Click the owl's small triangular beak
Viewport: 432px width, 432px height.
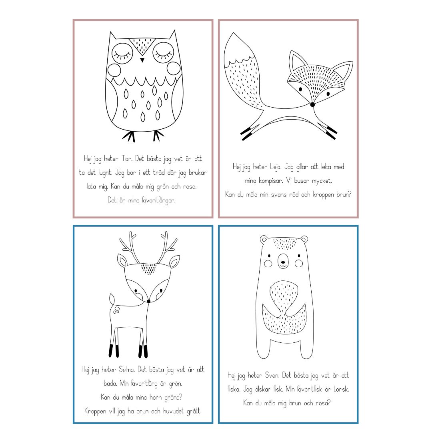(142, 60)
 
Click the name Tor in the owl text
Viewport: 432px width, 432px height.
(127, 158)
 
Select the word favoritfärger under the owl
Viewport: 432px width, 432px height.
(158, 200)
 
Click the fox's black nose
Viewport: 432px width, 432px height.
(312, 104)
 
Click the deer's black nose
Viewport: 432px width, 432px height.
(148, 302)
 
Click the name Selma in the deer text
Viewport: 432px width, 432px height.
(126, 369)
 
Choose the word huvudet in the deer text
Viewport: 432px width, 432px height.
(173, 411)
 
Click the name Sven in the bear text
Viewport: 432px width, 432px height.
(272, 375)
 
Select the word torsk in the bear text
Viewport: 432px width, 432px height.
(341, 389)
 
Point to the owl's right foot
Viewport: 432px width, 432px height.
(158, 135)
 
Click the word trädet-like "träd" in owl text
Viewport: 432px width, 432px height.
(159, 172)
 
